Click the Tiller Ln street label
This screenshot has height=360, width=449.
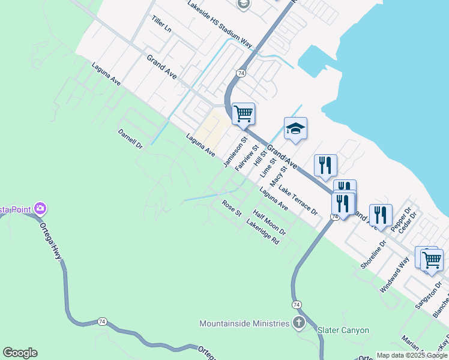(x=161, y=25)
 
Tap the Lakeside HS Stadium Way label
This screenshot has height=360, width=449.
(x=220, y=24)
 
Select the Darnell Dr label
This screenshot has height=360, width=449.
(x=130, y=139)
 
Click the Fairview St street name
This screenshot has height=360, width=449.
(x=247, y=158)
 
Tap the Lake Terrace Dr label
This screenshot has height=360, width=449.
(x=298, y=200)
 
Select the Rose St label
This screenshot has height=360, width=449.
(x=232, y=209)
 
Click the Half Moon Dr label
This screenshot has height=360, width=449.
(x=270, y=222)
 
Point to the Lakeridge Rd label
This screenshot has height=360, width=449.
(x=263, y=232)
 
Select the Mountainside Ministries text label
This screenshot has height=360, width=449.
(x=244, y=323)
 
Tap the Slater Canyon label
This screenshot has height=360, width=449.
(x=343, y=331)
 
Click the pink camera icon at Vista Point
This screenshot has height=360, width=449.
(x=41, y=209)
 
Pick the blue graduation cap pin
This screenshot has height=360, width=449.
(x=295, y=128)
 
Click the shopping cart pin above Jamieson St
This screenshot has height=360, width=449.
(x=243, y=113)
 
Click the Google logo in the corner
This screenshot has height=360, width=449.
(x=20, y=353)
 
